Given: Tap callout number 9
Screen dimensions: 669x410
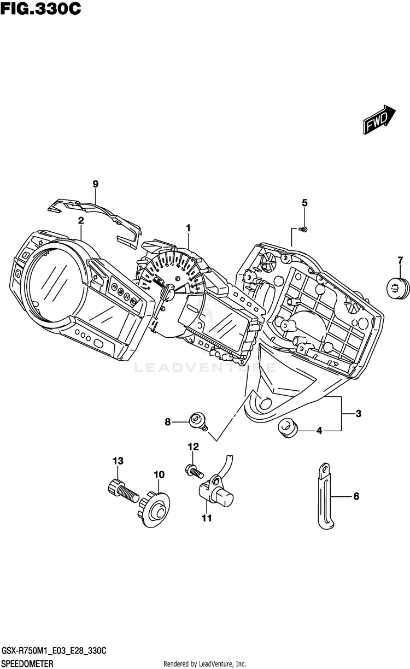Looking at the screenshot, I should point(95,184).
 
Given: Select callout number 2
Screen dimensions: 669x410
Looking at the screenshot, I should point(81,221).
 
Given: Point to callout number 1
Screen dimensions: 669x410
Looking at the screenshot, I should point(188,227).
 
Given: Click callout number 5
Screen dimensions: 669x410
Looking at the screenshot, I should point(305,203).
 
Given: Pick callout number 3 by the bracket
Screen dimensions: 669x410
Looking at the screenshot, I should point(359,414).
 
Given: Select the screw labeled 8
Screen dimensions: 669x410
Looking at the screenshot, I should point(196,421).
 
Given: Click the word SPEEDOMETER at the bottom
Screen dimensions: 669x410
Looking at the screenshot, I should point(27,663).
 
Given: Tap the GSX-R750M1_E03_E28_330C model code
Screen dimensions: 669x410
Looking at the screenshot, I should point(54,650).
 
